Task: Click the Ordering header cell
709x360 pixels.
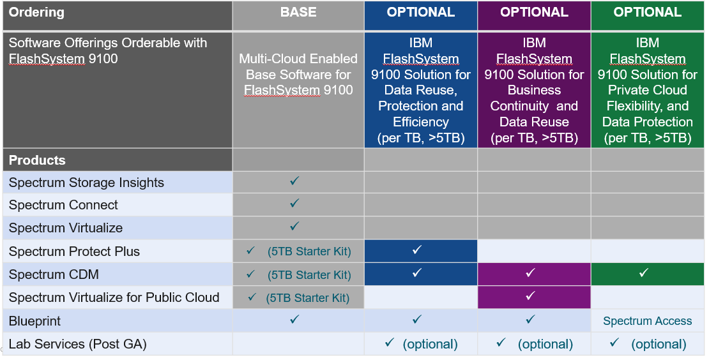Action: tap(118, 15)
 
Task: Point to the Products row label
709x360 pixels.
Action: tap(37, 160)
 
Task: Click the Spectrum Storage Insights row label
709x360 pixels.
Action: tap(86, 183)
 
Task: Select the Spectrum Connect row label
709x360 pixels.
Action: tap(63, 205)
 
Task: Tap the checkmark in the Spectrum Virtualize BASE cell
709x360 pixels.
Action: tap(294, 225)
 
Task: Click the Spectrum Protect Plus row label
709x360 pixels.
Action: tap(74, 251)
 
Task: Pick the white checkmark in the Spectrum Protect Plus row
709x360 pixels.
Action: tap(417, 250)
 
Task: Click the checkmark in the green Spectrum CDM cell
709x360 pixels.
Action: tap(644, 273)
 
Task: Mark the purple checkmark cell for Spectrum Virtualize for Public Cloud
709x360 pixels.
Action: tap(534, 297)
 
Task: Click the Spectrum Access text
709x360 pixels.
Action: tap(648, 321)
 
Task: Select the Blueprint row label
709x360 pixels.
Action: tap(35, 321)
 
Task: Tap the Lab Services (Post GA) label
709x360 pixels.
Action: tap(78, 344)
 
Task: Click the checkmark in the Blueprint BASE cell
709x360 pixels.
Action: tap(294, 319)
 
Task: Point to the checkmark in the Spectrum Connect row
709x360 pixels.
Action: tap(294, 203)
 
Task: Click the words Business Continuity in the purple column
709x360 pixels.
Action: tap(534, 98)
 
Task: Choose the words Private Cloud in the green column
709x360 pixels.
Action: tap(648, 91)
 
